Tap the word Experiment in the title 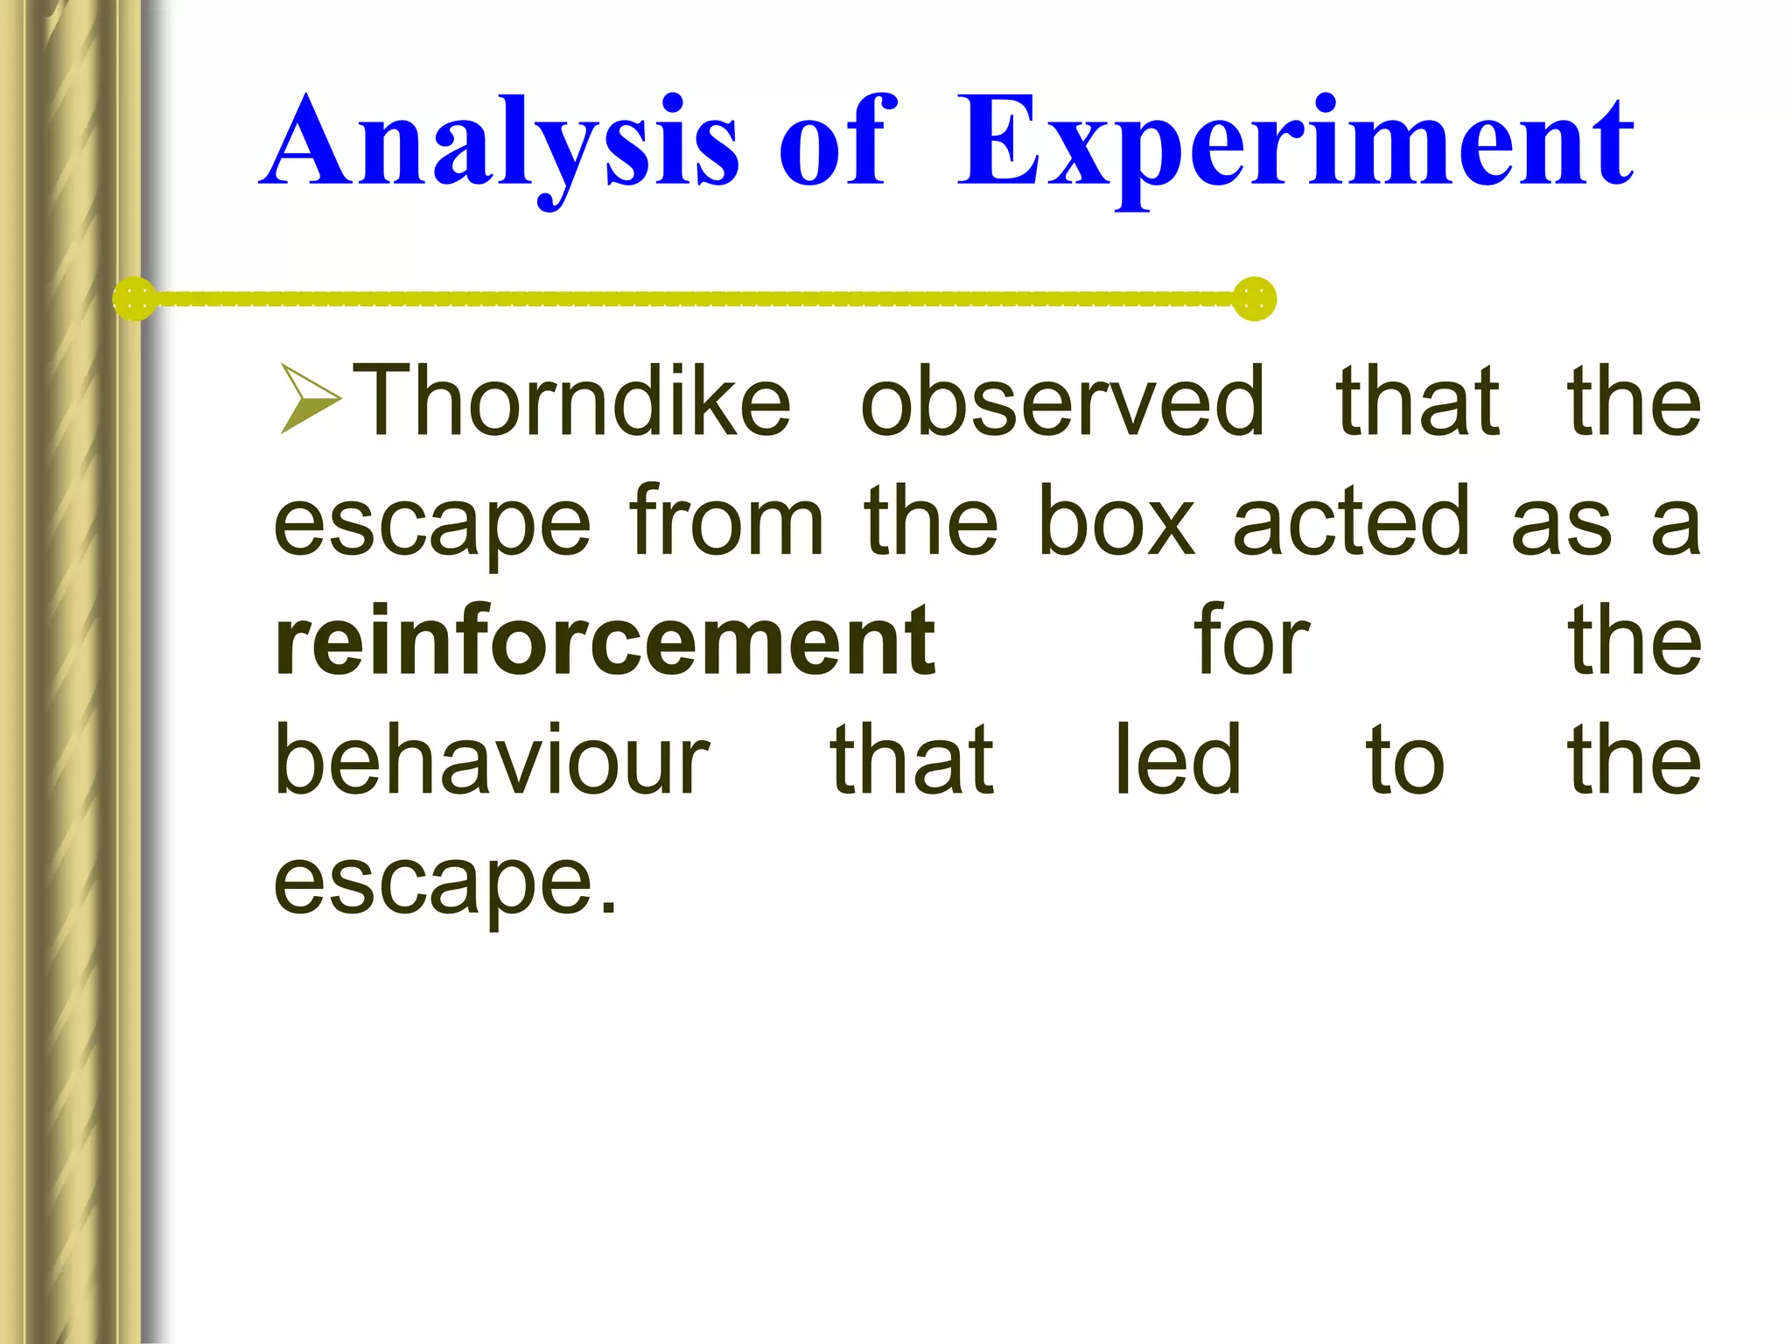click(1295, 144)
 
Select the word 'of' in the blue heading click(836, 144)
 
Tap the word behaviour click(492, 761)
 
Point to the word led click(1178, 761)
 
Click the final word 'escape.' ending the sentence click(445, 884)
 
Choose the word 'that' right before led click(912, 761)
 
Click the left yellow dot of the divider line click(135, 299)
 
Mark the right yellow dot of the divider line click(1254, 299)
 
